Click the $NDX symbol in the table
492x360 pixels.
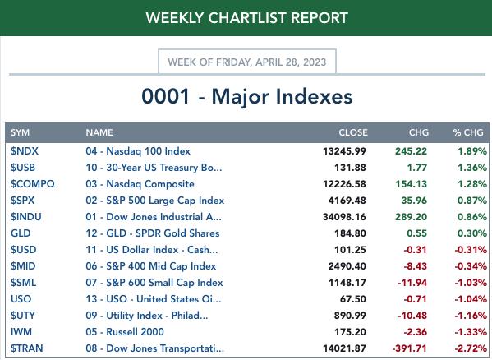[x=25, y=151]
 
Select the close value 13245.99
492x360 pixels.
[x=344, y=151]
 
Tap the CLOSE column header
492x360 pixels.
[x=353, y=132]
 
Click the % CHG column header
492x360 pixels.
[x=468, y=132]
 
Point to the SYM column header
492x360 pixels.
[x=20, y=132]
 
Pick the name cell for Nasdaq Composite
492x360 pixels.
[x=140, y=184]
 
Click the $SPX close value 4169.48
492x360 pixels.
[x=347, y=201]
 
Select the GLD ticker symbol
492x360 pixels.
[x=21, y=233]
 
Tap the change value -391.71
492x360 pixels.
[x=410, y=348]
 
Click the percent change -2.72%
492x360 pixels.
[x=471, y=348]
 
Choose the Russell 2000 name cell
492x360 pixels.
[x=125, y=332]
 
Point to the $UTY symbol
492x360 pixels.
[x=23, y=315]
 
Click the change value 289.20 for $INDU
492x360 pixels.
[x=411, y=217]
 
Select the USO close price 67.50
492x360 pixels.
[x=353, y=299]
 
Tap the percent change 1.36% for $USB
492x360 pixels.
[x=472, y=168]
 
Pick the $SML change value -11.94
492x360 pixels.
[x=412, y=283]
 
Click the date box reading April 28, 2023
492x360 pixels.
[x=247, y=62]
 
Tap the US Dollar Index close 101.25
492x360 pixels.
[x=350, y=250]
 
